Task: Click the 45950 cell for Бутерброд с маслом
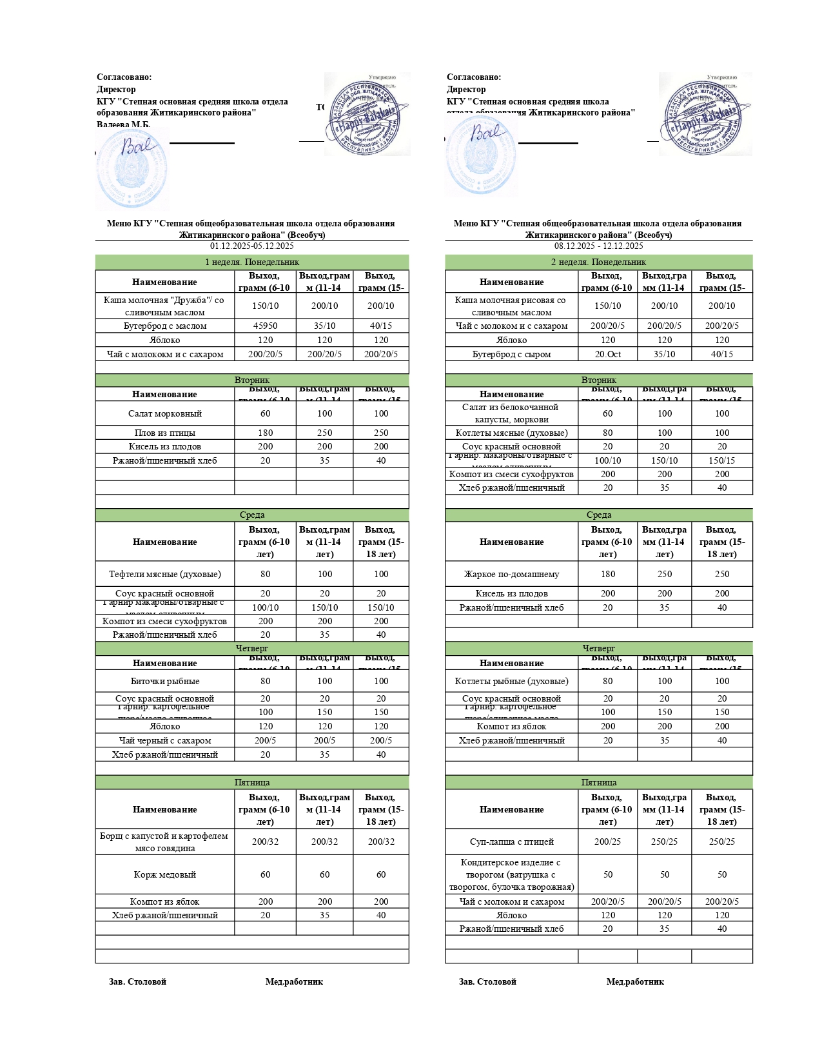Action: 265,326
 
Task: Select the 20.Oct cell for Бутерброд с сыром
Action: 607,354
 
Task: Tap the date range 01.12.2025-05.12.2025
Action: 251,246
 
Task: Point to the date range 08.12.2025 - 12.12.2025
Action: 598,246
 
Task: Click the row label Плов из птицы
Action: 164,433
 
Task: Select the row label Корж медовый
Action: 164,874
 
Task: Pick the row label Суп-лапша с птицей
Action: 511,842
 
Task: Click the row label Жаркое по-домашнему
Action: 511,574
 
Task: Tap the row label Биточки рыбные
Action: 164,681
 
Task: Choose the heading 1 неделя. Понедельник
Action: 251,262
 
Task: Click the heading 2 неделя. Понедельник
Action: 598,262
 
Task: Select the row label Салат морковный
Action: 164,413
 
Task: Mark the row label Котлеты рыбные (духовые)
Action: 511,681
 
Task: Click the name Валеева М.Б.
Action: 123,124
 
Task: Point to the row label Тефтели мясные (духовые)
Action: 164,574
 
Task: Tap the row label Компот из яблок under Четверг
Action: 511,726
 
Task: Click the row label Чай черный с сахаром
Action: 164,740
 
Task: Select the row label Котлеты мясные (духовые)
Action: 511,433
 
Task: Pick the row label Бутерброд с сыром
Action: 511,354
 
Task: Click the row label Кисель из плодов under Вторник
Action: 164,446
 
